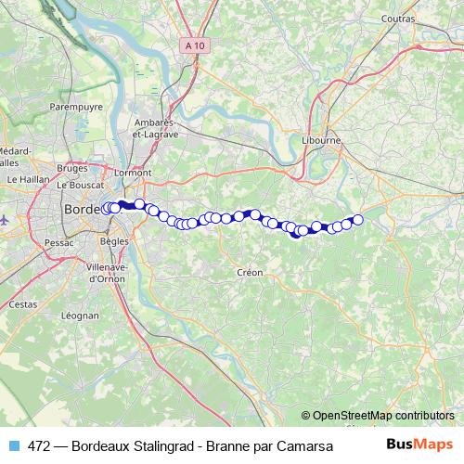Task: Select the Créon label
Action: [251, 273]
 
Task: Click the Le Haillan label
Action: [27, 179]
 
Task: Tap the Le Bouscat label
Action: [77, 185]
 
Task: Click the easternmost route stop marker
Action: [357, 220]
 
